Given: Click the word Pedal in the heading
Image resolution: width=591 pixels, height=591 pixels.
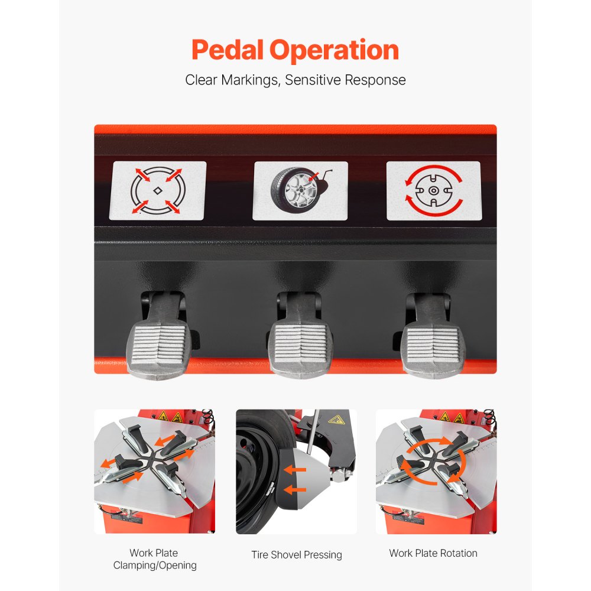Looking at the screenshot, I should [x=228, y=51].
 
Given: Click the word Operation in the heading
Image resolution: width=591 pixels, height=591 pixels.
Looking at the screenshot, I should [x=335, y=51].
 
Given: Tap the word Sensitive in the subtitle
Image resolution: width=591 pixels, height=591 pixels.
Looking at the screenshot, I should [x=313, y=80].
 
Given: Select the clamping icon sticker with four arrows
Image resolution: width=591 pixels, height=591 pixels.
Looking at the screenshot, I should [x=158, y=191].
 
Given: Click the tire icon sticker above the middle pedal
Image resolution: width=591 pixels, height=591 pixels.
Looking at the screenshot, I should [x=300, y=191].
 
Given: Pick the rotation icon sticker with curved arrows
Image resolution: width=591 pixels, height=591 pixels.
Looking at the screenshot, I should [x=433, y=191].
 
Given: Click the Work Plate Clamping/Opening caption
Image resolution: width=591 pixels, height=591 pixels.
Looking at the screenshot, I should [x=154, y=559].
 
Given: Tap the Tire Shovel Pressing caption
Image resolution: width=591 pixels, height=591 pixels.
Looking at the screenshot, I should [x=297, y=555].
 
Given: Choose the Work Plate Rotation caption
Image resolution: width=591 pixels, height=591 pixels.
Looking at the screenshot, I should [x=433, y=553].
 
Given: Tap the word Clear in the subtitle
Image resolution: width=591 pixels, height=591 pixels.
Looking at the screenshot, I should [x=201, y=80].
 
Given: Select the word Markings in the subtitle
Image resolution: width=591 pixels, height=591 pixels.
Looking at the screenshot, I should [x=250, y=80].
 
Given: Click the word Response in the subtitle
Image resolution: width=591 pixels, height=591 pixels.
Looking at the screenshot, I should [x=376, y=80].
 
